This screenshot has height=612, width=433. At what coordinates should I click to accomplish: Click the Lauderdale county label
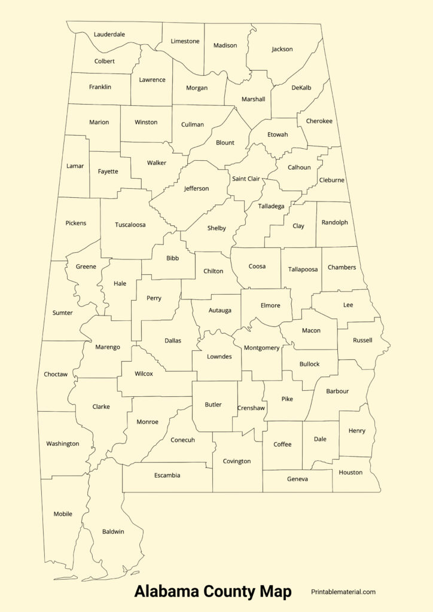[109, 35]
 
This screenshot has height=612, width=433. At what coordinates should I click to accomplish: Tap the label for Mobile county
[63, 514]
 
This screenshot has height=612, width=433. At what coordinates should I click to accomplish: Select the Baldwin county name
[113, 531]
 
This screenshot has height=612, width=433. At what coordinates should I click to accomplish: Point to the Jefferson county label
[196, 189]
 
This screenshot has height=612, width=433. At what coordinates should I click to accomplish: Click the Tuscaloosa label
[130, 225]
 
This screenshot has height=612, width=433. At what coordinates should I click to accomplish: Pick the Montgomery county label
[262, 348]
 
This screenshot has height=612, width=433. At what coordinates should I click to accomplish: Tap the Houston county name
[350, 472]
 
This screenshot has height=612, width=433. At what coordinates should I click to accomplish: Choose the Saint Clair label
[246, 179]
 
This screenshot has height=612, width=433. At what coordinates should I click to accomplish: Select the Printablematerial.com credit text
[343, 592]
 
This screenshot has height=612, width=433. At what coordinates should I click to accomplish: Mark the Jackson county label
[282, 49]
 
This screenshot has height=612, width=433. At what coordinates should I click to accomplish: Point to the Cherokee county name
[319, 121]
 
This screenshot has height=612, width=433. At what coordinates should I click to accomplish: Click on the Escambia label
[167, 476]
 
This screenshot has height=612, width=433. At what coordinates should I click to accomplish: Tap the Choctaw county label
[56, 375]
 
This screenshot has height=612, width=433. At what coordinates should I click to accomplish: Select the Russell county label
[362, 341]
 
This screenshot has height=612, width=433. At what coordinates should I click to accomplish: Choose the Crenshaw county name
[251, 408]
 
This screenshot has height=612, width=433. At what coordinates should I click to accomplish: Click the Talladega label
[272, 206]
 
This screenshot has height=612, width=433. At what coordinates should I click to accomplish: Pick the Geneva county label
[297, 479]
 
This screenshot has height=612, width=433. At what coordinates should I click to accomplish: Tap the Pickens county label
[75, 224]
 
